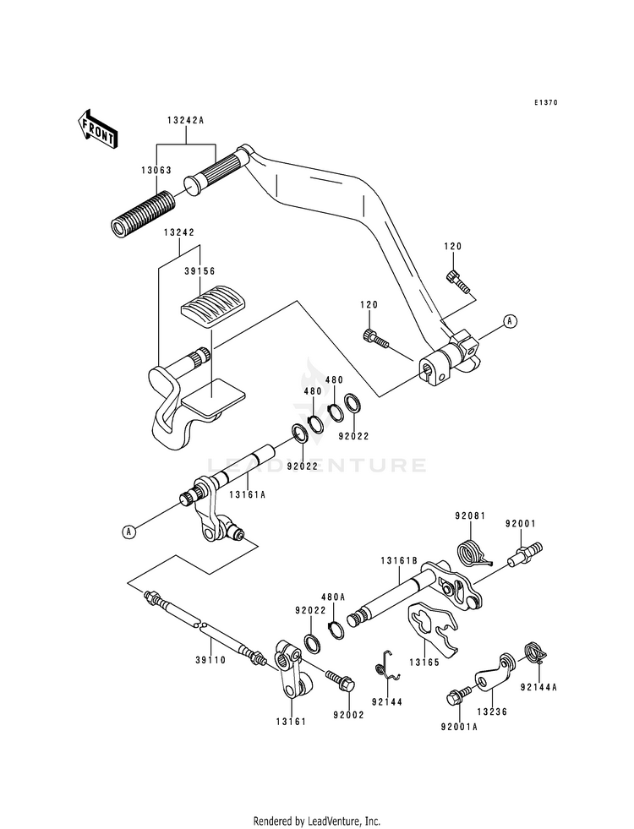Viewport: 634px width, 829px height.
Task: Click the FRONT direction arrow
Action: [98, 128]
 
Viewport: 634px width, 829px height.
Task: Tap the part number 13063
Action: [156, 170]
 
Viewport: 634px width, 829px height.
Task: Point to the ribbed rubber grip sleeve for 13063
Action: [142, 215]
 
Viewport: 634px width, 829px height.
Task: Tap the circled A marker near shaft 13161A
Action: [128, 532]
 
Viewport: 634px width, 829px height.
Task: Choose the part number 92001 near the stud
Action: [521, 525]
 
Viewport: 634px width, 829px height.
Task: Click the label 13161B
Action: [398, 560]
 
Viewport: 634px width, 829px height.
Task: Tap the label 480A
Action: [335, 597]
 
